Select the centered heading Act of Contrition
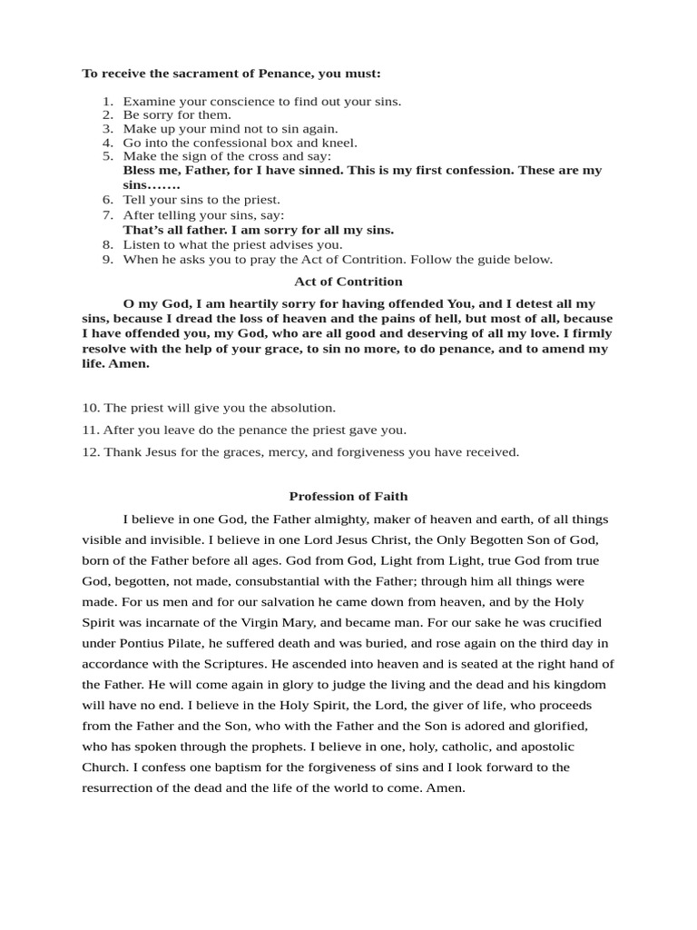348,282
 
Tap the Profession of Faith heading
348,496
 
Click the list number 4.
106,143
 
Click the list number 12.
90,451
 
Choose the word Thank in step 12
121,451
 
